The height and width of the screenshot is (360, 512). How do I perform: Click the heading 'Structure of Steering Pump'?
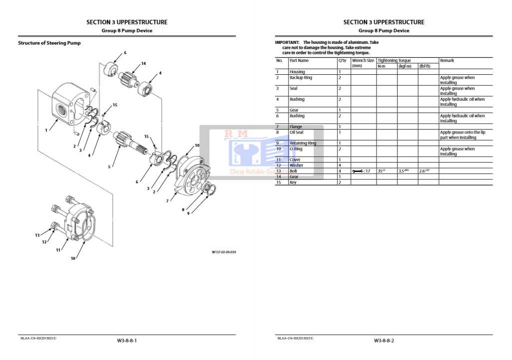click(49, 43)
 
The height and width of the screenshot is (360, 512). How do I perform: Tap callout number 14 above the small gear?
click(143, 63)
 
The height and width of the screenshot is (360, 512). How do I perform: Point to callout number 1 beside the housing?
click(46, 130)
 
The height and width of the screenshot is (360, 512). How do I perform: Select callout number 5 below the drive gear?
click(109, 167)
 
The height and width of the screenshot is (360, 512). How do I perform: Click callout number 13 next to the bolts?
click(37, 235)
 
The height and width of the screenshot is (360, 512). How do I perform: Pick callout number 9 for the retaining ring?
click(188, 213)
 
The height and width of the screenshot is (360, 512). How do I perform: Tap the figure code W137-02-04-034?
click(224, 252)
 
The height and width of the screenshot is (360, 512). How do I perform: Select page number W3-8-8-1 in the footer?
click(127, 341)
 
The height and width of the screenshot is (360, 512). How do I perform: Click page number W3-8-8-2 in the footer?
click(384, 341)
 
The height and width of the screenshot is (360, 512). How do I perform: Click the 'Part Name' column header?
click(299, 60)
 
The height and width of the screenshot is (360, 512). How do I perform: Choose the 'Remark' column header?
click(447, 60)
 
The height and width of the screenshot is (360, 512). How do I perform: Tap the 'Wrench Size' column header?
click(363, 60)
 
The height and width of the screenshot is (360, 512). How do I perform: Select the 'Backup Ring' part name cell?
click(300, 78)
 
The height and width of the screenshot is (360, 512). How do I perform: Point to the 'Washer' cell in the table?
click(296, 166)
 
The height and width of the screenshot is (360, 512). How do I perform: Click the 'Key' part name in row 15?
click(293, 182)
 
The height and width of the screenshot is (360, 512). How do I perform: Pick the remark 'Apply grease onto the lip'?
click(462, 132)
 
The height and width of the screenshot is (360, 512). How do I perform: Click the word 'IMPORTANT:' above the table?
click(287, 42)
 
